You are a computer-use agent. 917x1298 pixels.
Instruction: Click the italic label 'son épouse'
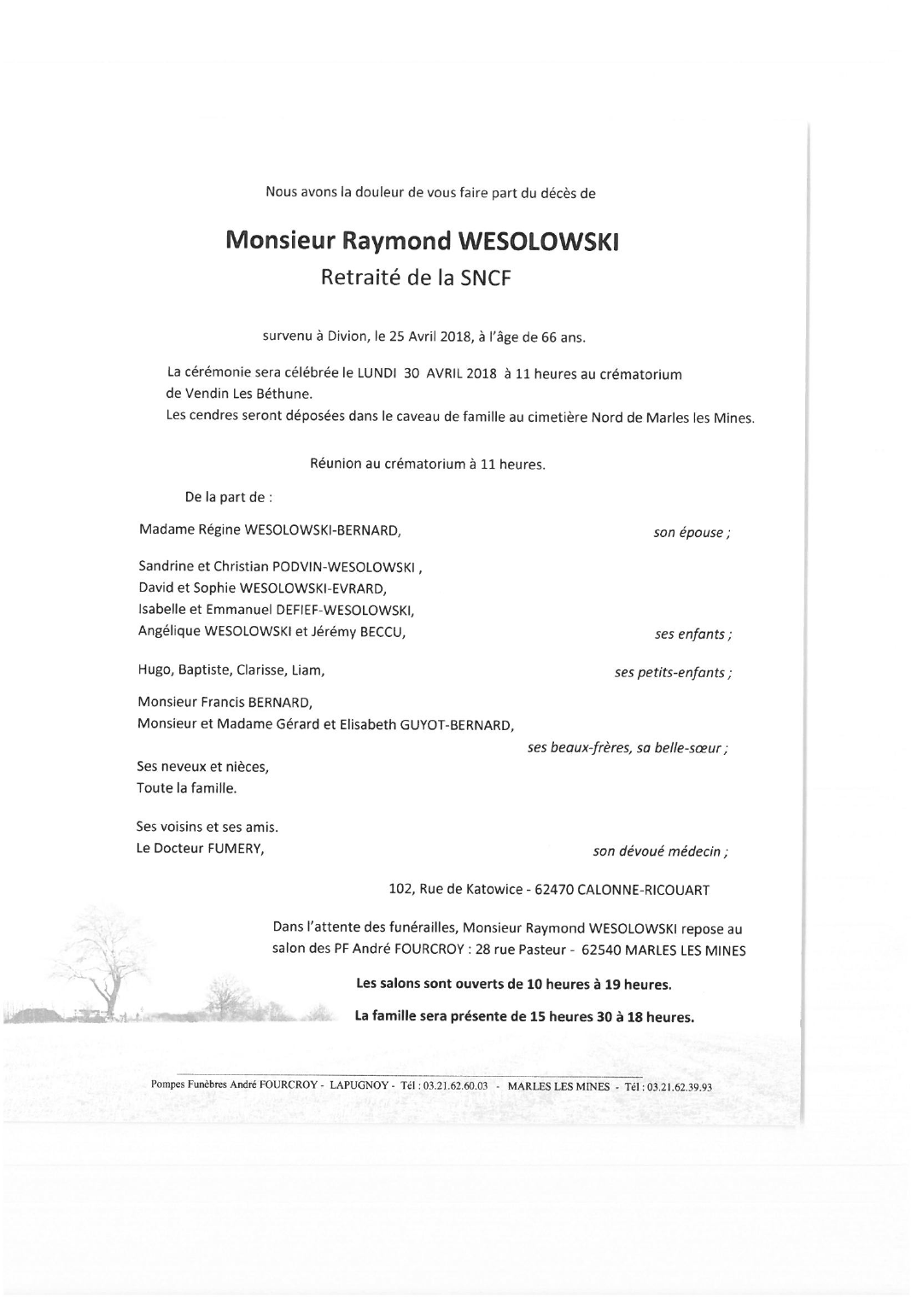click(x=691, y=533)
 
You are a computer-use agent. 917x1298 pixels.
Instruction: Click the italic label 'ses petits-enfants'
click(x=672, y=673)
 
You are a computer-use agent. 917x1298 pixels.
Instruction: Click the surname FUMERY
click(x=235, y=849)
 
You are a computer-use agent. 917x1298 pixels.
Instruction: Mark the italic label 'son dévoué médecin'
click(x=660, y=851)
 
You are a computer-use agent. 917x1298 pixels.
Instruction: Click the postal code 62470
click(x=553, y=890)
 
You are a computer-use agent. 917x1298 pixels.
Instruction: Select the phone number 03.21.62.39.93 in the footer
click(x=680, y=1087)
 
